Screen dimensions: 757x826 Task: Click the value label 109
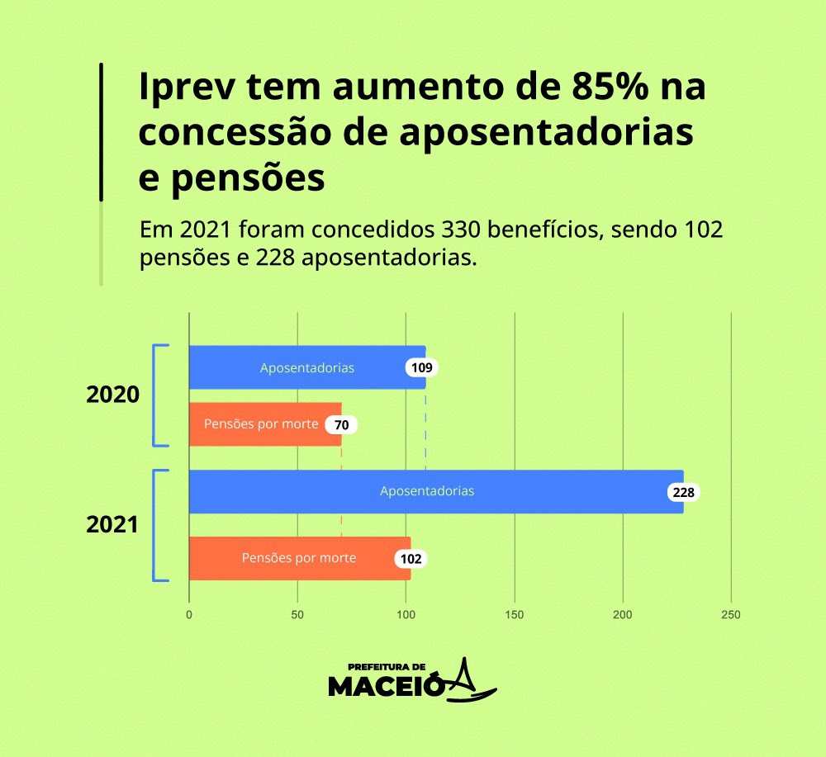(421, 367)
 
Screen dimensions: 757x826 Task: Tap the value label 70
(341, 424)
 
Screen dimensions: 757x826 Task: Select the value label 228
(684, 492)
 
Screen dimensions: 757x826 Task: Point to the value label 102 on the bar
(411, 559)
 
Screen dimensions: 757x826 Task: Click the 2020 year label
(112, 395)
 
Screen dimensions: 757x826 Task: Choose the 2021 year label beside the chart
(112, 524)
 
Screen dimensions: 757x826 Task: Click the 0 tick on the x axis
(189, 615)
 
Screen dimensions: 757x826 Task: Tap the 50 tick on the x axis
(297, 615)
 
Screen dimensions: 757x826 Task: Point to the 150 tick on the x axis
(514, 615)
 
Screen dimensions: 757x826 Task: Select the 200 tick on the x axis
(622, 615)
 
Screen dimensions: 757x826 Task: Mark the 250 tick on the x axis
(730, 615)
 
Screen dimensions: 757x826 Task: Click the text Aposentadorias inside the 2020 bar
(307, 368)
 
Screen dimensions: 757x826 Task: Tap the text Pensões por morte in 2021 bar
(298, 558)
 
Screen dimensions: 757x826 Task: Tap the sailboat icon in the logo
(471, 681)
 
